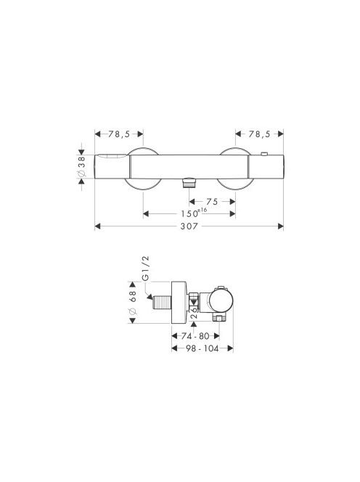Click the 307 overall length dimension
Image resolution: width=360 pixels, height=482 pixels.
coord(189,226)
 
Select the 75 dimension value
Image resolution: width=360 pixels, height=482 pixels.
coord(212,202)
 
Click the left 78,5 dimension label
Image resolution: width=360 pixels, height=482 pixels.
coord(119,134)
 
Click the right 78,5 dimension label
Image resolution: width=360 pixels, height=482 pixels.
coord(259,134)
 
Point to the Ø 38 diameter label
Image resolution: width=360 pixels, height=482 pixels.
coord(82,166)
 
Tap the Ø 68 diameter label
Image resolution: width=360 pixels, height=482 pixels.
coord(133,303)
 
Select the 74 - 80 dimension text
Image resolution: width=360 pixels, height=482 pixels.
coord(195,336)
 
